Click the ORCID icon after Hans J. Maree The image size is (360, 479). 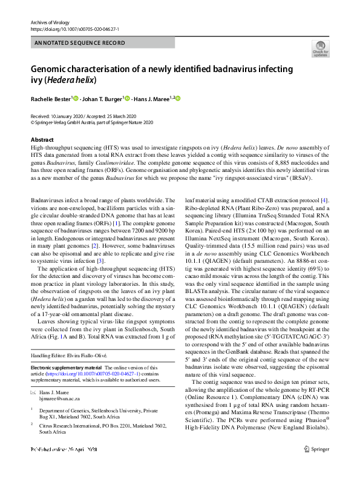(178, 98)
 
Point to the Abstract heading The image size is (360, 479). (42, 140)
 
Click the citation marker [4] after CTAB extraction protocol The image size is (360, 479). (324, 199)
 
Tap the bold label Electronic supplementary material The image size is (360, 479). (66, 368)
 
